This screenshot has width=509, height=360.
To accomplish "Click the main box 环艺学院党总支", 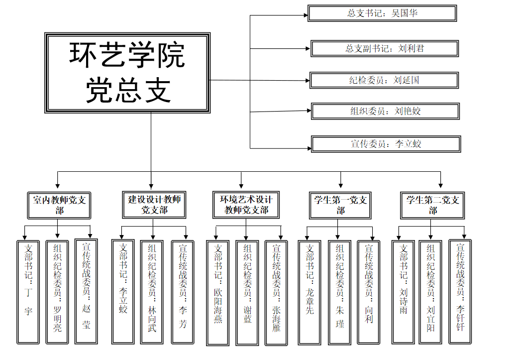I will (x=127, y=72).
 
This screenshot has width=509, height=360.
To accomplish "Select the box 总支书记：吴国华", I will (x=382, y=13).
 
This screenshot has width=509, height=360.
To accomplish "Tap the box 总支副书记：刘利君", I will (x=385, y=49).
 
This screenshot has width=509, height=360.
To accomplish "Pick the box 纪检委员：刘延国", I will (x=384, y=80).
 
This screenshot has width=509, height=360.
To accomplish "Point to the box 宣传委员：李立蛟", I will (x=386, y=144).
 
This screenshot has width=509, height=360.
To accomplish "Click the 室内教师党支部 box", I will (x=59, y=205).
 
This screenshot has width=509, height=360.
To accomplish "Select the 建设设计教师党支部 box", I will (x=155, y=205).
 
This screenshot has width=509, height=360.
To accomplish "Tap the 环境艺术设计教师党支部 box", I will (x=246, y=205).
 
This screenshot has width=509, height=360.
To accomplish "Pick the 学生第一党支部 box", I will (x=340, y=205).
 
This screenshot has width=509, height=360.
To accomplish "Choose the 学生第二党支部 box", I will (x=433, y=205).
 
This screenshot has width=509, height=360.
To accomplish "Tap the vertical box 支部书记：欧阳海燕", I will (x=218, y=293).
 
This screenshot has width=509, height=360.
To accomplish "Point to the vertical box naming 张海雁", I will (x=276, y=293).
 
